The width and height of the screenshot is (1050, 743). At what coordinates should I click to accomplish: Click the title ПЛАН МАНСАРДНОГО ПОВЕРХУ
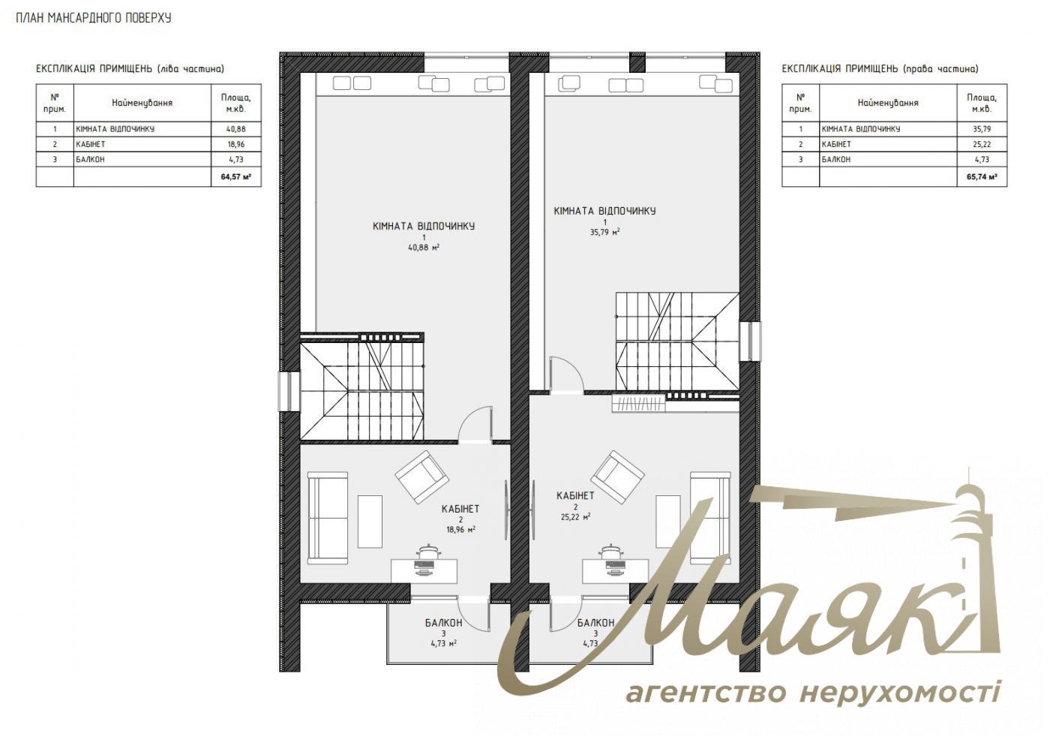94,17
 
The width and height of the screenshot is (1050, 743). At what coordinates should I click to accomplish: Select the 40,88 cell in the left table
235,129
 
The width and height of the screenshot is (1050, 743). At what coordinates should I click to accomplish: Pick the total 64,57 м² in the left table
235,178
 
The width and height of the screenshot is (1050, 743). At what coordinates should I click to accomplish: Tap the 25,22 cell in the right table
981,144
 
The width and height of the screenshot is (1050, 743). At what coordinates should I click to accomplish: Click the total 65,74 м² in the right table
981,178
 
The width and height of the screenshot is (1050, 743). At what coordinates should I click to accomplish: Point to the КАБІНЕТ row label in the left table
91,144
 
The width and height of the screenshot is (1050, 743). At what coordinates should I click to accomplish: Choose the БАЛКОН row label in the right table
835,160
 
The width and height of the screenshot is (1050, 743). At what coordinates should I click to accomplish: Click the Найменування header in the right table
887,103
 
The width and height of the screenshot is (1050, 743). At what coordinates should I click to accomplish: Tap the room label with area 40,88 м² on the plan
424,235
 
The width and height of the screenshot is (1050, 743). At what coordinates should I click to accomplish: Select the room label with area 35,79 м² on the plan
604,221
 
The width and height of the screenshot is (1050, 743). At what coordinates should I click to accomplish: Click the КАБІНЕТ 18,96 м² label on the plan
460,519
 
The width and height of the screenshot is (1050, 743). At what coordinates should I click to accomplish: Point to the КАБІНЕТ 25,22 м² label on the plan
575,506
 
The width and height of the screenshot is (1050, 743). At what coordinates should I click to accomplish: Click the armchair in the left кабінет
422,477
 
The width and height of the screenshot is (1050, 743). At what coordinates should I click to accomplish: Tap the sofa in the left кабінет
328,518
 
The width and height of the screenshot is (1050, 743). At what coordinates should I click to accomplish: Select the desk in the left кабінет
425,568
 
